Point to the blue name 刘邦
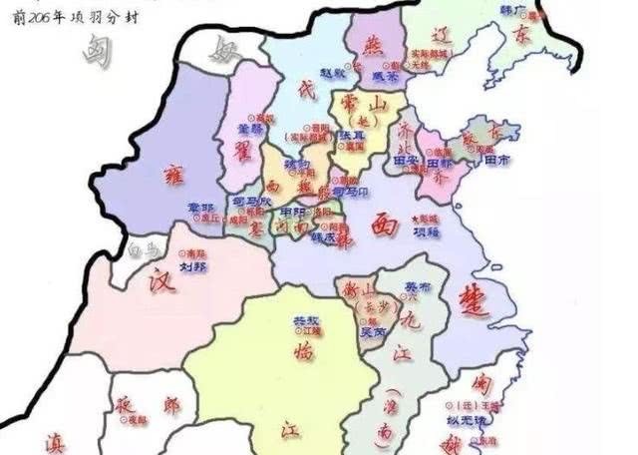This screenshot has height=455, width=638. (x=193, y=266)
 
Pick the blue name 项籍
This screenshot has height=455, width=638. (x=426, y=229)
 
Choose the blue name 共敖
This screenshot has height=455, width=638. (x=305, y=320)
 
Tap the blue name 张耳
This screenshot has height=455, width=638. (x=350, y=135)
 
